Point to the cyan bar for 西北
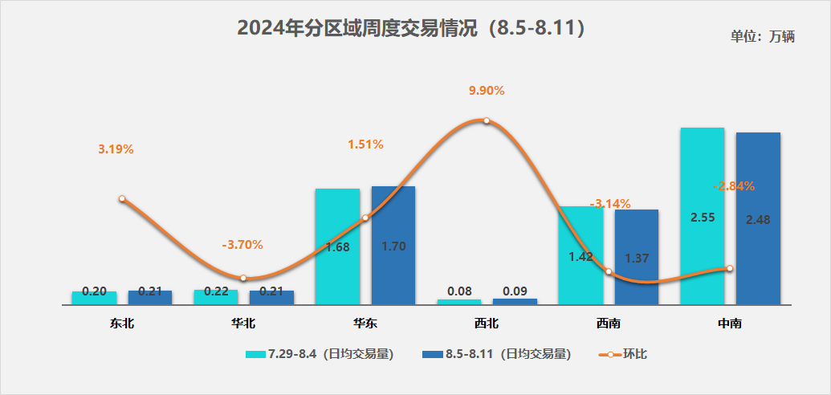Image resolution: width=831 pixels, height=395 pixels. (459, 302)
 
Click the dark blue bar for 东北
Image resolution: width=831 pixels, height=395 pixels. (150, 297)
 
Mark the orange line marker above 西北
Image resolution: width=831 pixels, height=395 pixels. (487, 121)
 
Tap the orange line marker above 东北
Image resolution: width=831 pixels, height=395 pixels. (122, 198)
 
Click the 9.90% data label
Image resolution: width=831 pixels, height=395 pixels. (487, 91)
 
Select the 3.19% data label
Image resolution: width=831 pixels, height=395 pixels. (116, 149)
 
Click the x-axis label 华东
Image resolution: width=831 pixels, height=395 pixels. (365, 324)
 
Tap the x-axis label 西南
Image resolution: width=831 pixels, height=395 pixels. (609, 324)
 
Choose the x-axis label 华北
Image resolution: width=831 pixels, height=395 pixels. (243, 324)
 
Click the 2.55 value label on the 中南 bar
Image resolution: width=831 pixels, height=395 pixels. (702, 217)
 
